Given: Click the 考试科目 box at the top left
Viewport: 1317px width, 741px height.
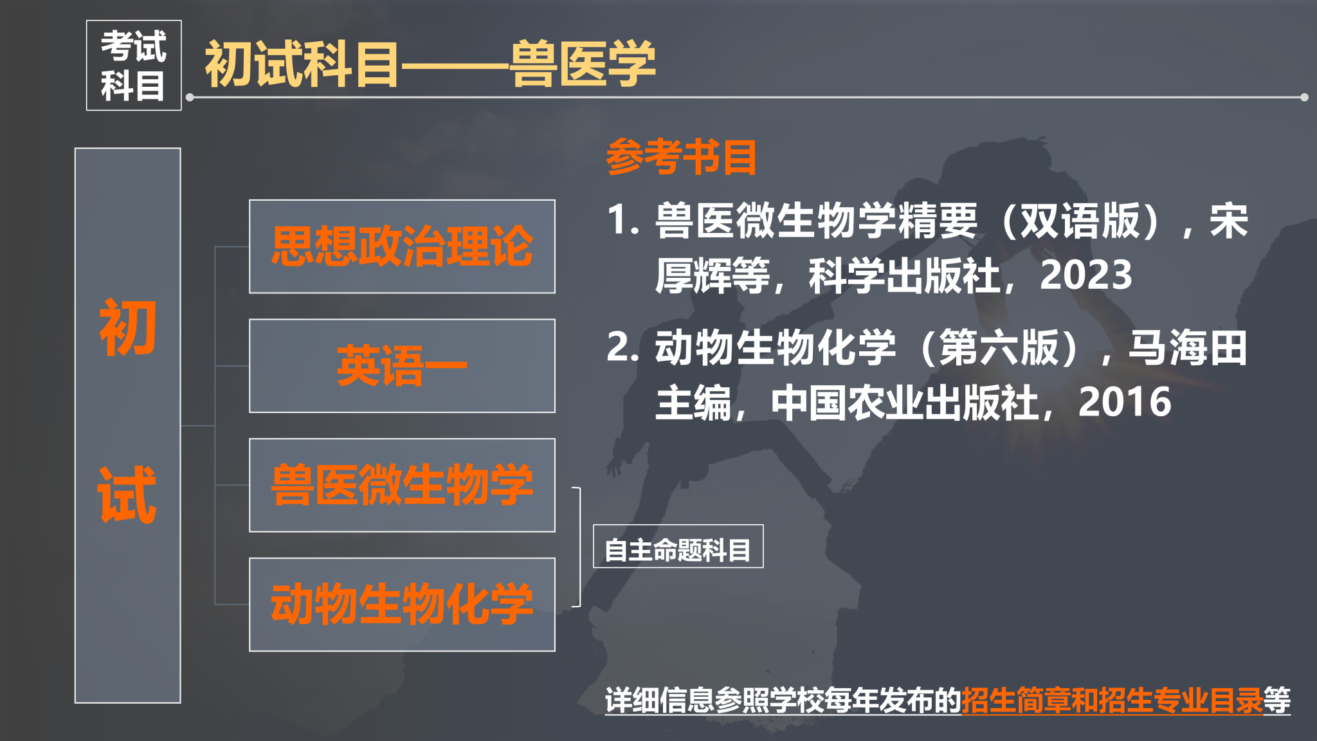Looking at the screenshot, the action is [134, 65].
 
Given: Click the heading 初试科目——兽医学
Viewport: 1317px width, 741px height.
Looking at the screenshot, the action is [430, 64].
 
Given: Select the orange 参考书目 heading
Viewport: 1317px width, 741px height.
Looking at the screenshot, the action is [682, 156].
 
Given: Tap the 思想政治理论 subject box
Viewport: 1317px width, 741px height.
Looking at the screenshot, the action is [402, 246].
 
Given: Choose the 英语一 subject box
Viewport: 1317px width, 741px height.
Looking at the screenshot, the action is [402, 366].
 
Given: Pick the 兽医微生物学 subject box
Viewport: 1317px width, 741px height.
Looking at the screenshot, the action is [402, 485].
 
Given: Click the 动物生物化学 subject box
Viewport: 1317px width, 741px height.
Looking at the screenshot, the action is [402, 605].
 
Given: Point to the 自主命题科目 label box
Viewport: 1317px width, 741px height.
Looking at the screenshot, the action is [678, 547].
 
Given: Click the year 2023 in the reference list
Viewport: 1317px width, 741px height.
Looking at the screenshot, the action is [1085, 275].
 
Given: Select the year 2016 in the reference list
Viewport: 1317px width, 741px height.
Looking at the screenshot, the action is [1125, 402].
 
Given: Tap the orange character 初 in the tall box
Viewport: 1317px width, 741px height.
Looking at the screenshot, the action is [127, 327].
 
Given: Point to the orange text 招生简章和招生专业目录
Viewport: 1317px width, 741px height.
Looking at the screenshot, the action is [1113, 700].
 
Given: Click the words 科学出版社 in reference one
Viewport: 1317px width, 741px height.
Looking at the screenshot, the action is [904, 275].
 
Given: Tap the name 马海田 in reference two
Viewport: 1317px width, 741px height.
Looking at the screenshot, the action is [1188, 347].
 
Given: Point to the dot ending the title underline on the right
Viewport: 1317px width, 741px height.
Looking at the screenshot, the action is [1304, 98].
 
